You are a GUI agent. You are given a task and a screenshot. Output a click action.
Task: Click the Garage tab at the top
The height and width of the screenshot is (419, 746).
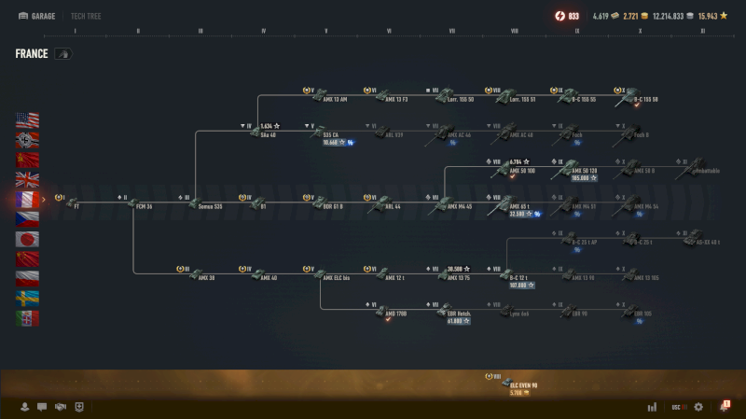pyautogui.click(x=37, y=16)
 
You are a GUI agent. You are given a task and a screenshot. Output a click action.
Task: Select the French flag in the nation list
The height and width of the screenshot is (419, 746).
pyautogui.click(x=27, y=199)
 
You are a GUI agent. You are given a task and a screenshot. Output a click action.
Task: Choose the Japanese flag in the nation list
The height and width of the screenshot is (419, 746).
pyautogui.click(x=27, y=239)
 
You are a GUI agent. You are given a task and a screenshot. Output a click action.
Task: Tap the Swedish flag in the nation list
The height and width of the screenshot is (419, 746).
pyautogui.click(x=27, y=298)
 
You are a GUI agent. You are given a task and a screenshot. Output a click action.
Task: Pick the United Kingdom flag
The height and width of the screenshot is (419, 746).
pyautogui.click(x=27, y=179)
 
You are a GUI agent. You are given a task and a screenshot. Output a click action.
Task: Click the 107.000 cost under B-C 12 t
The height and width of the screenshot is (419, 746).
pyautogui.click(x=519, y=285)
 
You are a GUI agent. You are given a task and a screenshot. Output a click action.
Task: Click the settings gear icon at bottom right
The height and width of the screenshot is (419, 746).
pyautogui.click(x=698, y=407)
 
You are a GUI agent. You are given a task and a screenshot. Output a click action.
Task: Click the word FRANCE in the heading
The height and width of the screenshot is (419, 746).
pyautogui.click(x=32, y=54)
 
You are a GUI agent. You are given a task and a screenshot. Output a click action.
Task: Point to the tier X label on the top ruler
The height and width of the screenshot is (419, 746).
pyautogui.click(x=640, y=31)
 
